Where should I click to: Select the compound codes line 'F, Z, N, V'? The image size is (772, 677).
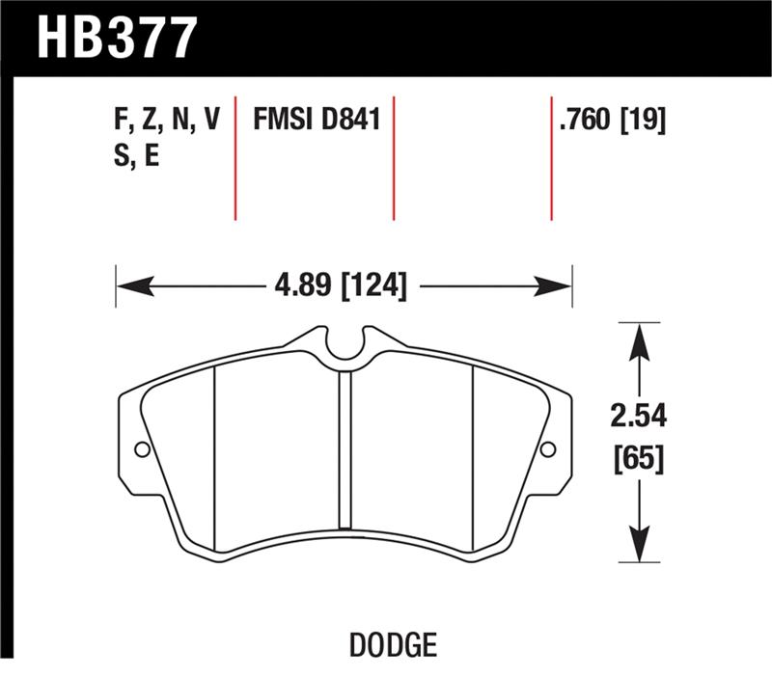[x=167, y=121]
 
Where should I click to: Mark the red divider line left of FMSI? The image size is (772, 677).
[x=235, y=158]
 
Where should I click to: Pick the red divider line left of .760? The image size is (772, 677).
[x=551, y=158]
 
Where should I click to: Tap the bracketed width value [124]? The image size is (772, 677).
[x=372, y=285]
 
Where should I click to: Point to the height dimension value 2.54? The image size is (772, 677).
[x=640, y=417]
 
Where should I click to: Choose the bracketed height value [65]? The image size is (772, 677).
[x=640, y=458]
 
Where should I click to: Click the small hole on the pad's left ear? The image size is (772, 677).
[x=142, y=448]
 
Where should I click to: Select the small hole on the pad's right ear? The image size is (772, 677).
[x=548, y=448]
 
